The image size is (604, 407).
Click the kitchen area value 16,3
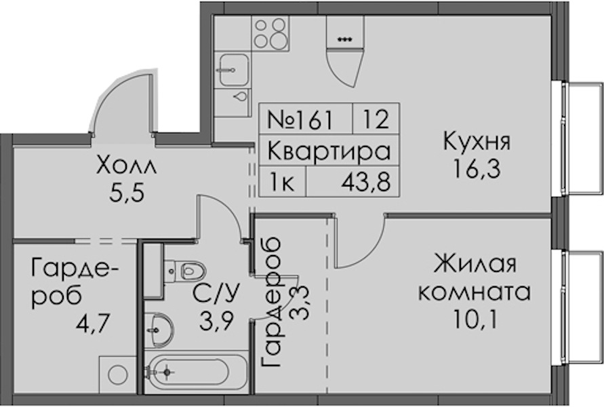pyautogui.click(x=477, y=169)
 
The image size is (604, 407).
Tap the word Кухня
pyautogui.click(x=477, y=142)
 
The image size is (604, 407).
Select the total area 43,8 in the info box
pyautogui.click(x=365, y=182)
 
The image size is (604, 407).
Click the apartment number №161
pyautogui.click(x=300, y=119)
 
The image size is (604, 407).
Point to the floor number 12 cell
pyautogui.click(x=376, y=119)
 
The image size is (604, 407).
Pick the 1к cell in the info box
pyautogui.click(x=282, y=182)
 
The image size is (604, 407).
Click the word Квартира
pyautogui.click(x=329, y=151)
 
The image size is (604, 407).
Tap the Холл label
pyautogui.click(x=127, y=166)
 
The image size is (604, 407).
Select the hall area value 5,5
pyautogui.click(x=127, y=193)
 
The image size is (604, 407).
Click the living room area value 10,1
pyautogui.click(x=475, y=319)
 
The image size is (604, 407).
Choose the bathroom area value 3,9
pyautogui.click(x=216, y=320)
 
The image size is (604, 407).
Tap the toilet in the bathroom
pyautogui.click(x=184, y=270)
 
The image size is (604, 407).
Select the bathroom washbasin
pyautogui.click(x=159, y=330)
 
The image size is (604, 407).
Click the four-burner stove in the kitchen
pyautogui.click(x=270, y=33)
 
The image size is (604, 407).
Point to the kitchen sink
pyautogui.click(x=233, y=70)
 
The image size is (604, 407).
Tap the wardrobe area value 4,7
pyautogui.click(x=94, y=324)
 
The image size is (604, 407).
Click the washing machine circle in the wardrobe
pyautogui.click(x=118, y=374)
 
